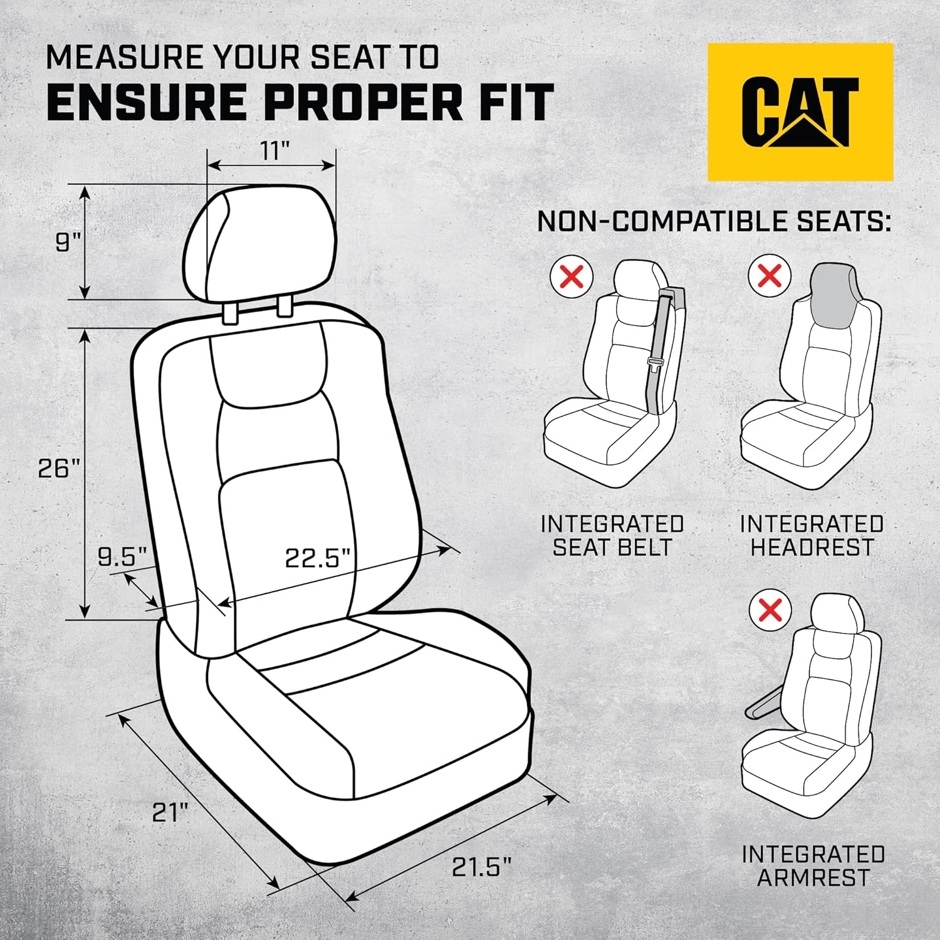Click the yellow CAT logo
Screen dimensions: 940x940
pyautogui.click(x=800, y=112)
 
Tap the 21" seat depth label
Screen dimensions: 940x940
pyautogui.click(x=170, y=813)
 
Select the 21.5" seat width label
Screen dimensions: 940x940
pyautogui.click(x=481, y=867)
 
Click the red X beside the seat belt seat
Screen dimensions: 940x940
pyautogui.click(x=571, y=276)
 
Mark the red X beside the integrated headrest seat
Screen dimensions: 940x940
pyautogui.click(x=770, y=276)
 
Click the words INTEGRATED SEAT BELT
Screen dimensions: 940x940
pyautogui.click(x=612, y=535)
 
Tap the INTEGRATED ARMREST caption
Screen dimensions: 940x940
pyautogui.click(x=813, y=865)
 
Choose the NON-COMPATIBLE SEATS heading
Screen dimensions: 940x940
pyautogui.click(x=714, y=222)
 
